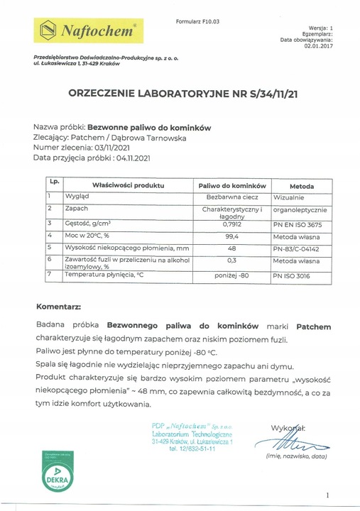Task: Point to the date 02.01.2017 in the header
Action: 319,46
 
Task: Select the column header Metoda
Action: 302,185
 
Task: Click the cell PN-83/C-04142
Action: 302,248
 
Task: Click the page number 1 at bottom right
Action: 326,495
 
